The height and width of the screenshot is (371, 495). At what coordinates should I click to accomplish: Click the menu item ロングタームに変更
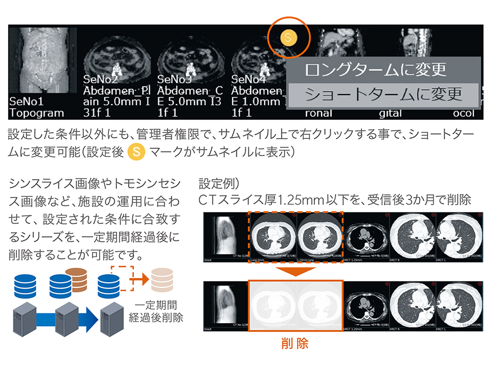pyautogui.click(x=375, y=69)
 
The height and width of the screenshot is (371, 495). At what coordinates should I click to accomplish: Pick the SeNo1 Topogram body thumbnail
pyautogui.click(x=43, y=61)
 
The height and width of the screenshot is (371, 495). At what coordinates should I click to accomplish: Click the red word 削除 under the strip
pyautogui.click(x=295, y=344)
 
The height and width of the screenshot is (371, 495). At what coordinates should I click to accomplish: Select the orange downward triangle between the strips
pyautogui.click(x=295, y=272)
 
